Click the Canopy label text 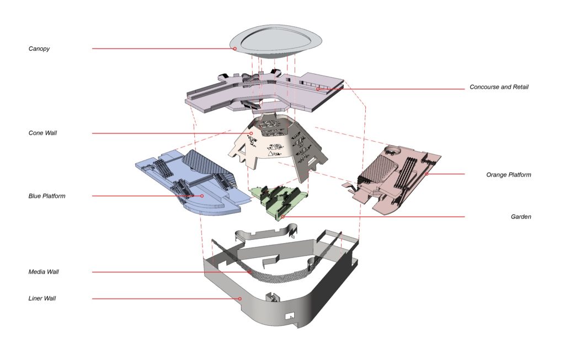[39, 49]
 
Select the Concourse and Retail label [499, 87]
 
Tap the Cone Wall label [42, 133]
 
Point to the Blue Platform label [47, 196]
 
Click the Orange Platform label [508, 175]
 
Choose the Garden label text [521, 217]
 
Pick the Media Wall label [44, 272]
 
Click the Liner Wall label [42, 298]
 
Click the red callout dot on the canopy [234, 49]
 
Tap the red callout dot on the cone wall [251, 133]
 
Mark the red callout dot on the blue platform [202, 196]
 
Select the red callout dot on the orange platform [427, 174]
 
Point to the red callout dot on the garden [283, 217]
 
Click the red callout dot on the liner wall [240, 298]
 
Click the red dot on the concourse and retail [318, 89]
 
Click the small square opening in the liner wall [290, 316]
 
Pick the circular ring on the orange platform [393, 149]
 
